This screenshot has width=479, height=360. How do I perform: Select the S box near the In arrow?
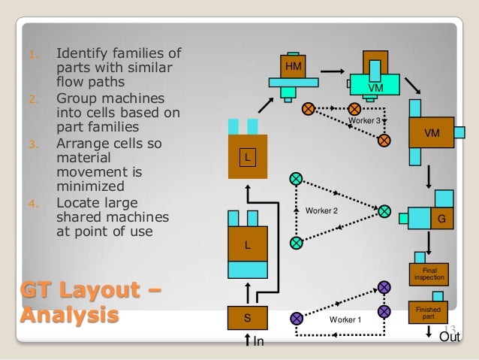pos(248,318)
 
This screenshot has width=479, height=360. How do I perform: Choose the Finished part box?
pos(428,311)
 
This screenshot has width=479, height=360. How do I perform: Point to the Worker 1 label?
pos(345,320)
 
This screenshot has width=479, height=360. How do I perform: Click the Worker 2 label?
pos(321,210)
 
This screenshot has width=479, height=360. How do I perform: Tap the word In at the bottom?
pos(259,343)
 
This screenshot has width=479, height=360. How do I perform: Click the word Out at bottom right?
pos(449,337)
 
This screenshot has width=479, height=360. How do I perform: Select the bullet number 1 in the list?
pos(32,54)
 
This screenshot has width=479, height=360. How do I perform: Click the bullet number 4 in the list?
pos(32,203)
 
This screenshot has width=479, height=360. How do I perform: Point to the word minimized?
pos(89,187)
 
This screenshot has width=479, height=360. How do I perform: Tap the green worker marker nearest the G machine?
pos(384,210)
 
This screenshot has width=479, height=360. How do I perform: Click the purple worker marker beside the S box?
pos(296,318)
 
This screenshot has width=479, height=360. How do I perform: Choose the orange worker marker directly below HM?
pos(307,109)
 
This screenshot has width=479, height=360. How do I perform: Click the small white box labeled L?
pos(247,157)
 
